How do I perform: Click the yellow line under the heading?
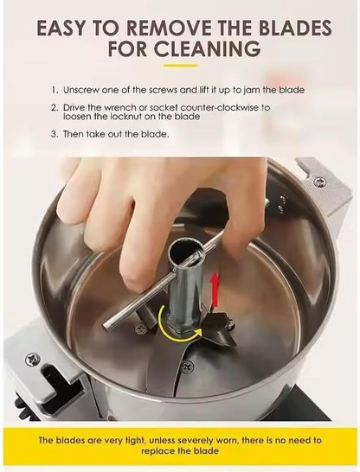(180, 64)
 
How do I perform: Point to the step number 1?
(53, 89)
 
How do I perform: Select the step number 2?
(53, 108)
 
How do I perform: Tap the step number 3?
(53, 136)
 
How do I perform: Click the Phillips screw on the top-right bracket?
(319, 182)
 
